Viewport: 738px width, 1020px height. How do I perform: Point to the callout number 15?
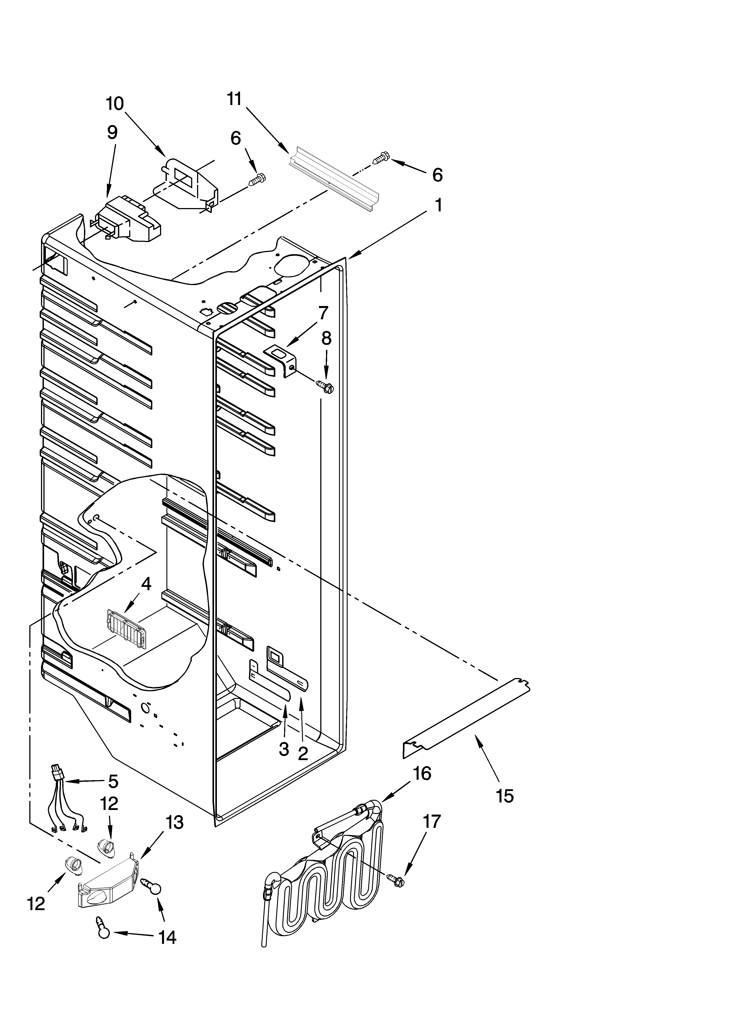(x=505, y=796)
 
